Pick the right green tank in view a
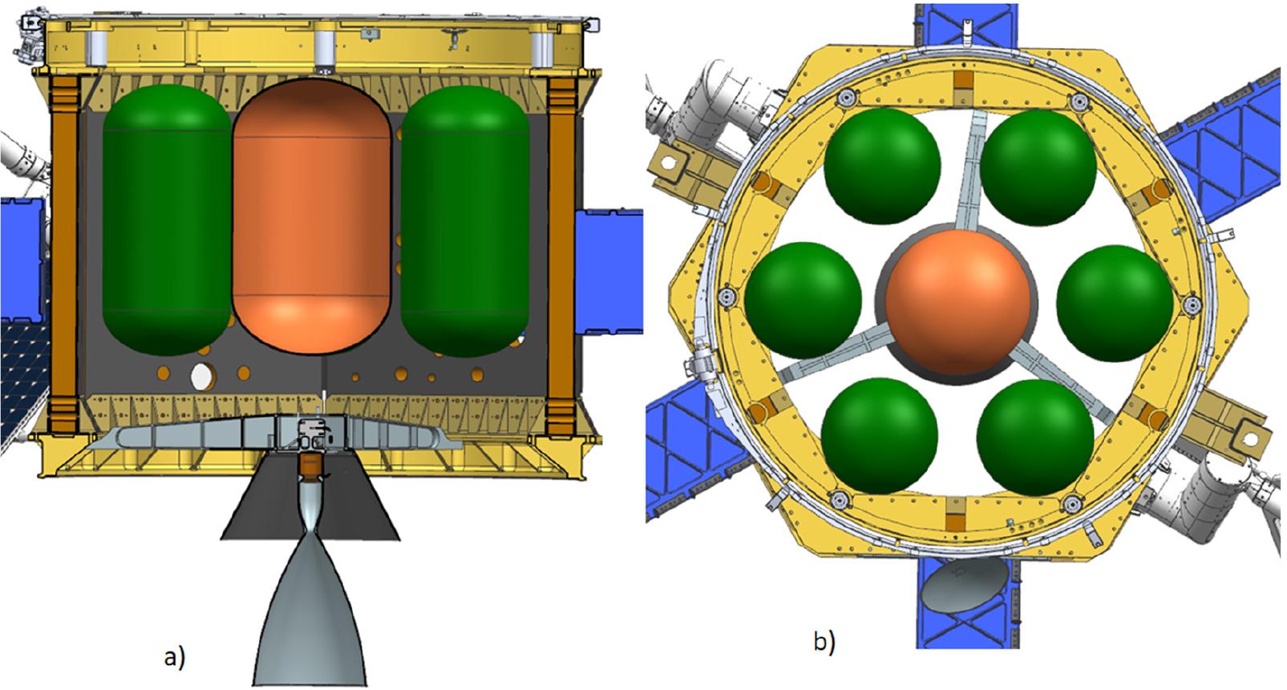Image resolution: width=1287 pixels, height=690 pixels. point(465,221)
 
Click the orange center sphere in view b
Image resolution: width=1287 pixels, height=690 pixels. point(958,302)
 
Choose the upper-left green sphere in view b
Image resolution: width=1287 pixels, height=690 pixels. point(883,167)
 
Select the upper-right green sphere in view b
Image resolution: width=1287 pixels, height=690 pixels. point(1038,167)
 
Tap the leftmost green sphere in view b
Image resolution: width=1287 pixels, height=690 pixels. point(803,301)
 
